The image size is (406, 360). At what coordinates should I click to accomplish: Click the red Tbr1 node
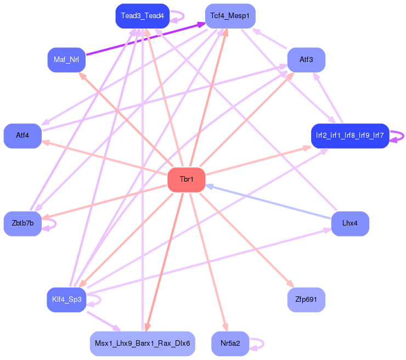(186, 180)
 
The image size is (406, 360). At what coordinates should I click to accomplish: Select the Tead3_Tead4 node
(142, 16)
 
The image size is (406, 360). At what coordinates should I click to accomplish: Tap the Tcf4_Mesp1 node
(230, 16)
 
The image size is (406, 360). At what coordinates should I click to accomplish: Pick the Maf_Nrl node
(66, 59)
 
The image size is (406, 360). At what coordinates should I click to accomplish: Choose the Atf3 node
(306, 59)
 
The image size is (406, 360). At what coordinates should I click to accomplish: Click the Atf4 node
(22, 136)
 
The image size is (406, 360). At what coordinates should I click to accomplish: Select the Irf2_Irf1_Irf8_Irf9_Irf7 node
(349, 136)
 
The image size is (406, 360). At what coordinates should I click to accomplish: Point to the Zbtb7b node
(22, 223)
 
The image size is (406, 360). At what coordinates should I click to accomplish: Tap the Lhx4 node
(350, 223)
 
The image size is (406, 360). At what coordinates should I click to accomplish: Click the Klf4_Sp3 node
(66, 300)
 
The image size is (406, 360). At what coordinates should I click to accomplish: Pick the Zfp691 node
(306, 300)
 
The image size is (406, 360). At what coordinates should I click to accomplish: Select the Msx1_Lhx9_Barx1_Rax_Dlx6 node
(142, 344)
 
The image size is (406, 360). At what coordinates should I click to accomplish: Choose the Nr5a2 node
(230, 344)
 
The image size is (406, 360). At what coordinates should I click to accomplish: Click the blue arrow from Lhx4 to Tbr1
(269, 201)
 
